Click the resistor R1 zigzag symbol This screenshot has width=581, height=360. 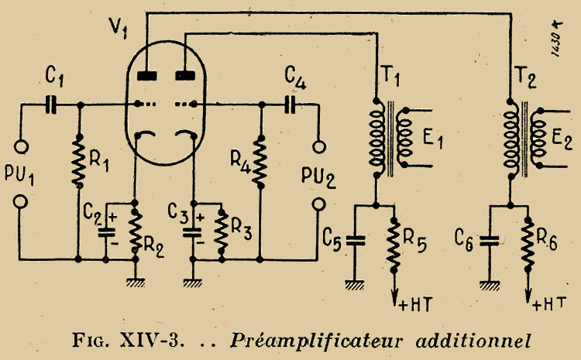pyautogui.click(x=78, y=160)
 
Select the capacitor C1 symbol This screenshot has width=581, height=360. pyautogui.click(x=52, y=104)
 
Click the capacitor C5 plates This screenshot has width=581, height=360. pyautogui.click(x=356, y=240)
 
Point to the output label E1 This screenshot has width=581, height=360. pyautogui.click(x=433, y=142)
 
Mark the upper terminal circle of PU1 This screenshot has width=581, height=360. pyautogui.click(x=22, y=146)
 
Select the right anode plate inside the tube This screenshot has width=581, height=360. pyautogui.click(x=184, y=76)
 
